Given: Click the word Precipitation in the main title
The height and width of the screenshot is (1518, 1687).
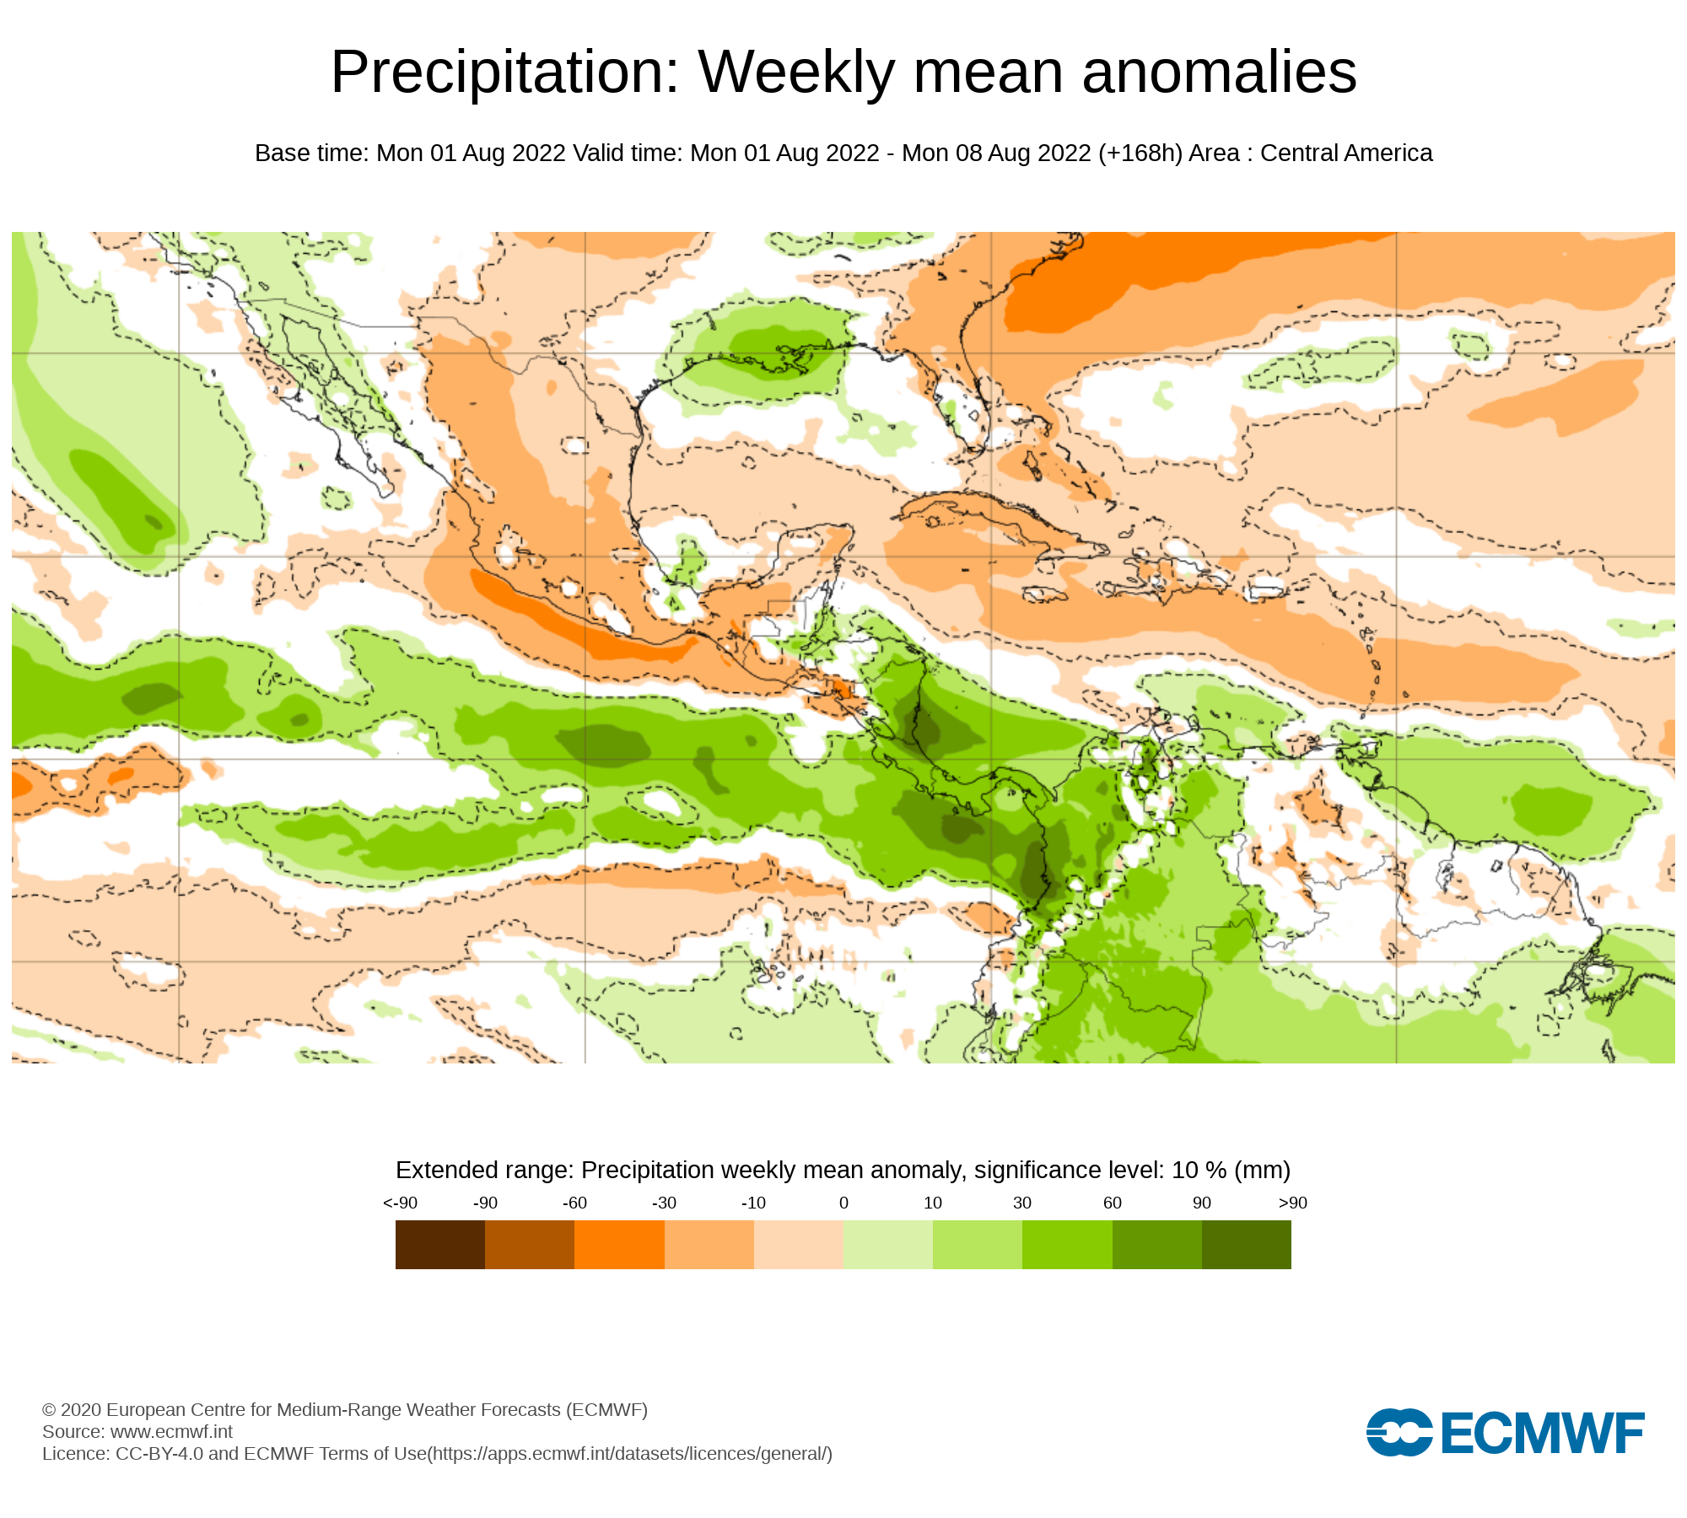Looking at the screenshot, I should pos(504,73).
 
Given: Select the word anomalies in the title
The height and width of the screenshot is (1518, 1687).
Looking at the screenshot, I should pos(1219,73).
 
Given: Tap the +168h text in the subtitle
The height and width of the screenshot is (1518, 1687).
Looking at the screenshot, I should pos(1140,153).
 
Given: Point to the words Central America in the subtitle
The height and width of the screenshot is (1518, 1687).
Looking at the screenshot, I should pos(1346,153).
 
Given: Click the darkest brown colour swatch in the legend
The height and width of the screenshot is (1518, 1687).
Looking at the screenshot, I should pos(439,1245).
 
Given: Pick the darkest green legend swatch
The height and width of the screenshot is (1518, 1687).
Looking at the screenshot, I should pos(1246,1245).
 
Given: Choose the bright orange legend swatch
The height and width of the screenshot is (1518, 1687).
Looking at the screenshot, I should pos(619,1245).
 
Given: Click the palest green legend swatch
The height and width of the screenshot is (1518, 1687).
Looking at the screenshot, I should pos(887,1245).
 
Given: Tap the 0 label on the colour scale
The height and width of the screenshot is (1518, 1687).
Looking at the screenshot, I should pos(843,1203).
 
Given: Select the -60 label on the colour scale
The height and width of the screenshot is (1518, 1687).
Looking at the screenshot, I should pos(574,1203).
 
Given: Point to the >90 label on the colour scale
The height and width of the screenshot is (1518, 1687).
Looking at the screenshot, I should pos(1292,1203).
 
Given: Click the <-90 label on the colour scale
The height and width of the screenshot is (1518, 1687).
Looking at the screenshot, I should pos(400,1203).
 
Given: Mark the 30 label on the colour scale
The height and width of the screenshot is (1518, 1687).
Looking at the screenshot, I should pos(1022,1203).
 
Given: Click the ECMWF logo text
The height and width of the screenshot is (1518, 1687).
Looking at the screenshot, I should pos(1543,1433).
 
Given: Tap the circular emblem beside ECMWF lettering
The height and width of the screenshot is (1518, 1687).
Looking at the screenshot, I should pos(1399,1432).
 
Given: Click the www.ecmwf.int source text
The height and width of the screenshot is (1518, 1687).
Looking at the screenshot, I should pos(171,1432).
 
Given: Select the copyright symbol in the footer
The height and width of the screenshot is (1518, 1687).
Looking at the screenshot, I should pos(49,1410).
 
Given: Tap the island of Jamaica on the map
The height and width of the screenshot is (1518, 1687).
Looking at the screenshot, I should pos(1044,595).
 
